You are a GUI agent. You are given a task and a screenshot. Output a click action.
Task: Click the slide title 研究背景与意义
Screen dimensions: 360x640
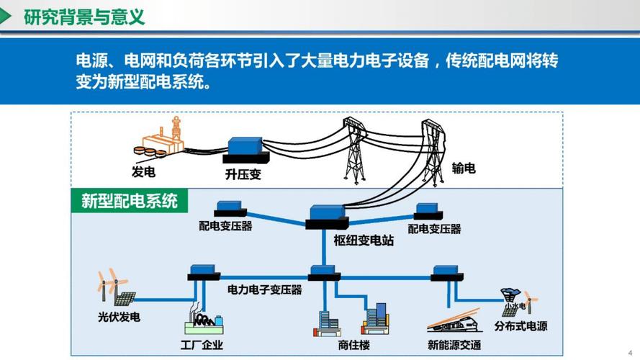click(x=84, y=17)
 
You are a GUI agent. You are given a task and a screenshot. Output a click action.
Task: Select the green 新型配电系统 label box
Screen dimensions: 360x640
click(x=129, y=200)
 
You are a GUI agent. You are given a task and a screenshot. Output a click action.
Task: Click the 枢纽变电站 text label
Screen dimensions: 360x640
click(x=364, y=240)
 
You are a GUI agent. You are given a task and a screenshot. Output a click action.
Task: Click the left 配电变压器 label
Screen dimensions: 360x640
click(x=225, y=226)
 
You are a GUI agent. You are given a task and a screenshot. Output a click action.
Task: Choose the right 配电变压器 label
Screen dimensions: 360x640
click(x=434, y=229)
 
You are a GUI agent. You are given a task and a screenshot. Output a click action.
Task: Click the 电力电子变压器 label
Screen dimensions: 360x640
click(x=264, y=289)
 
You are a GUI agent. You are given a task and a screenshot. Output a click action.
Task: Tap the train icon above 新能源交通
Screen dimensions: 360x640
click(x=454, y=321)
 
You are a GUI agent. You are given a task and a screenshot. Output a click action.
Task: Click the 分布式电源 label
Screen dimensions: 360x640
click(x=520, y=326)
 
